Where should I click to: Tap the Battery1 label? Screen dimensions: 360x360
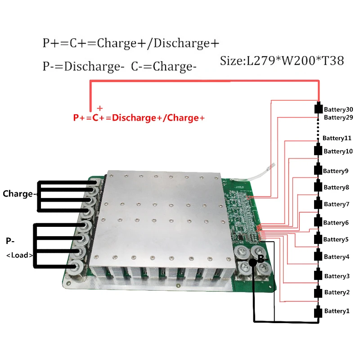[337, 311]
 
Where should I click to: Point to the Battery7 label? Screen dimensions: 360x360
[337, 204]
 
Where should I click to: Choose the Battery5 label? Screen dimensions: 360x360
[336, 239]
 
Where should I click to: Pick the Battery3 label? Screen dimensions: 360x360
[337, 276]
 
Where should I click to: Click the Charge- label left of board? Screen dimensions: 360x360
[19, 194]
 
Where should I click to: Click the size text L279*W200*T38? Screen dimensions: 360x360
[282, 61]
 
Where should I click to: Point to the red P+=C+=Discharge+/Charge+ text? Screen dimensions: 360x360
[139, 118]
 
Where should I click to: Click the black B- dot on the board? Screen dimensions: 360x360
[253, 262]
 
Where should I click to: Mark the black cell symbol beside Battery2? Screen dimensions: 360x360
[319, 292]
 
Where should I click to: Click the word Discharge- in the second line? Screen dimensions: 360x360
[94, 67]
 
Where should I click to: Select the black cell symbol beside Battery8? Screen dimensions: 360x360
[319, 187]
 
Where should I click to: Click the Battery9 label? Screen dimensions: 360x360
[336, 171]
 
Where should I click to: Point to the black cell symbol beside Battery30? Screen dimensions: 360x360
[319, 109]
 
